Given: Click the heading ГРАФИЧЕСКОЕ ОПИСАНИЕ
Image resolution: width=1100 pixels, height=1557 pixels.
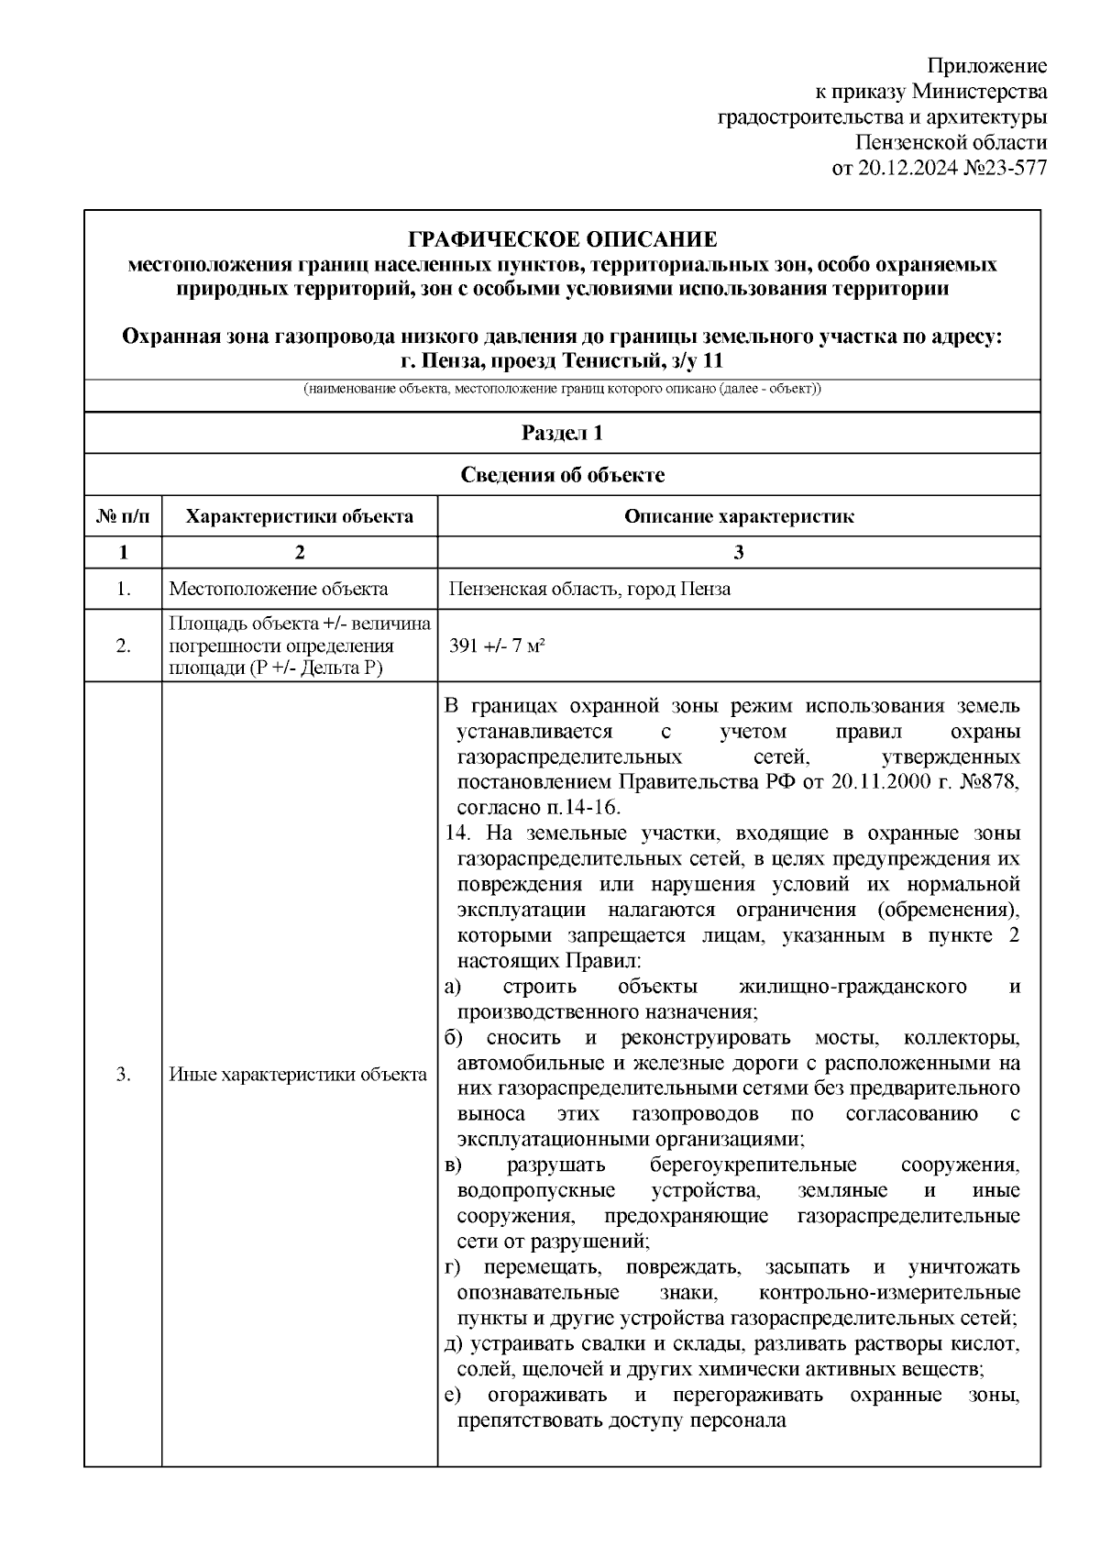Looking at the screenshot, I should click(x=562, y=240).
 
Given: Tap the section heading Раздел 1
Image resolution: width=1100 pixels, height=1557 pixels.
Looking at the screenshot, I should click(x=562, y=433).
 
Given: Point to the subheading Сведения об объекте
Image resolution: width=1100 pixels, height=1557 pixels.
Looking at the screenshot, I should click(x=562, y=475).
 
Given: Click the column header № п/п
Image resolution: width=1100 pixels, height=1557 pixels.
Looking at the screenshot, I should click(x=123, y=516).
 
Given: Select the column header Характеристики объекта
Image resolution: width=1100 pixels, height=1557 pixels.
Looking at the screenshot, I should click(x=299, y=516).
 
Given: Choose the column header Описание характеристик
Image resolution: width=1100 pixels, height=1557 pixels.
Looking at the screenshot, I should click(x=739, y=516).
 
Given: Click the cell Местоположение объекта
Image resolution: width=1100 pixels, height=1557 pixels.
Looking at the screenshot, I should click(x=279, y=590).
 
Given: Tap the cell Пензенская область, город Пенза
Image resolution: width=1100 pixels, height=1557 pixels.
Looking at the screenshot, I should click(x=589, y=590).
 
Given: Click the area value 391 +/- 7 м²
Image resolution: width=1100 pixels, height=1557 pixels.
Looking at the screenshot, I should click(x=498, y=646).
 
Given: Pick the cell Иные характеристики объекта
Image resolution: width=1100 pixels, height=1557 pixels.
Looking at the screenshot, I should click(x=299, y=1075).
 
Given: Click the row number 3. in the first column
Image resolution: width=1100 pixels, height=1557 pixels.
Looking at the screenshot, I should click(x=123, y=1075).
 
